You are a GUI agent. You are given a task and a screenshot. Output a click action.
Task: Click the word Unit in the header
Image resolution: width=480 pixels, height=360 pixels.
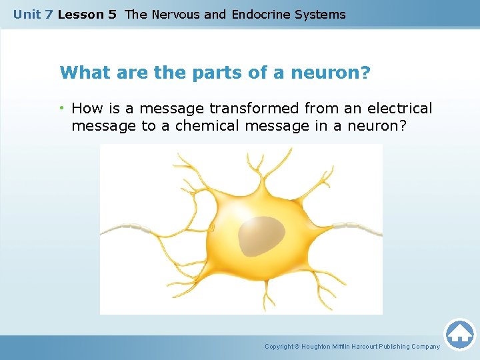point(27,14)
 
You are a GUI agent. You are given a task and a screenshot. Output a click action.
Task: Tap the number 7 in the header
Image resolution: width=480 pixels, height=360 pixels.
point(49,14)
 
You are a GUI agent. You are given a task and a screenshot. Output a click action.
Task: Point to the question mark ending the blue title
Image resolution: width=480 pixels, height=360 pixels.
point(365,72)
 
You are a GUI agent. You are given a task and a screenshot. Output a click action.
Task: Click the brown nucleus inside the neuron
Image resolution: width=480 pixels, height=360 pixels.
point(259,236)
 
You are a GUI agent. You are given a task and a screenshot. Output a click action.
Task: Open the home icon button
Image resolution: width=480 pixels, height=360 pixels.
point(459,334)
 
